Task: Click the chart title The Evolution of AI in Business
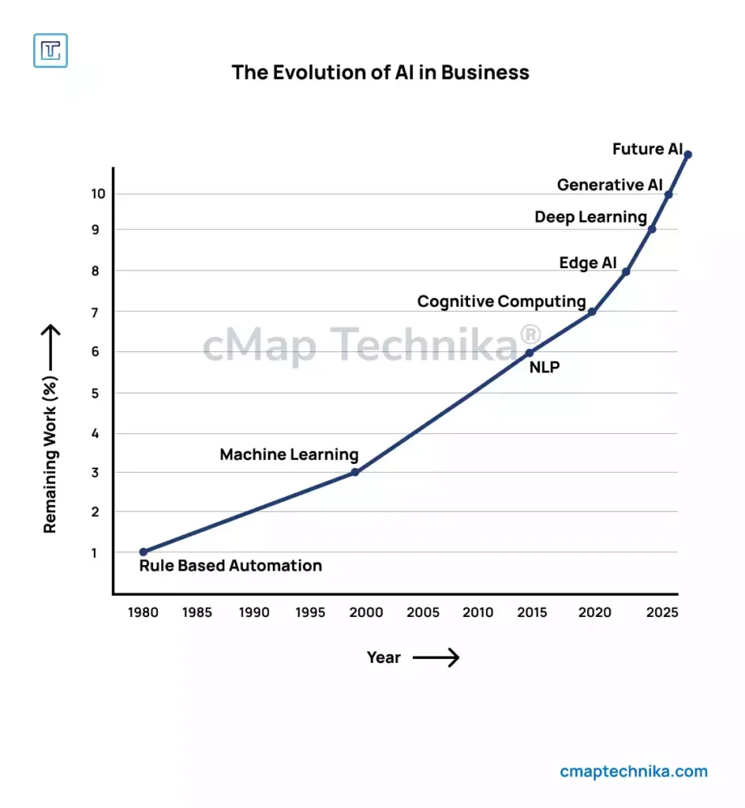[380, 73]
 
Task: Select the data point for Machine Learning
[354, 472]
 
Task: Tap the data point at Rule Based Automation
[143, 552]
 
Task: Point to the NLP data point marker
[530, 353]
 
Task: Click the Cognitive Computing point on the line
[592, 312]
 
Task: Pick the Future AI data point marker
[687, 155]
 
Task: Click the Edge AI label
[588, 264]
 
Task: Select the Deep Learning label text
[590, 217]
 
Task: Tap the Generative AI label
[610, 185]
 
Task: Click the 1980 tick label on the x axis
[142, 612]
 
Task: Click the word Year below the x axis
[384, 657]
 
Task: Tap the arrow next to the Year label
[436, 657]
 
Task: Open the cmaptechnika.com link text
[634, 772]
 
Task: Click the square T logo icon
[51, 50]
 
